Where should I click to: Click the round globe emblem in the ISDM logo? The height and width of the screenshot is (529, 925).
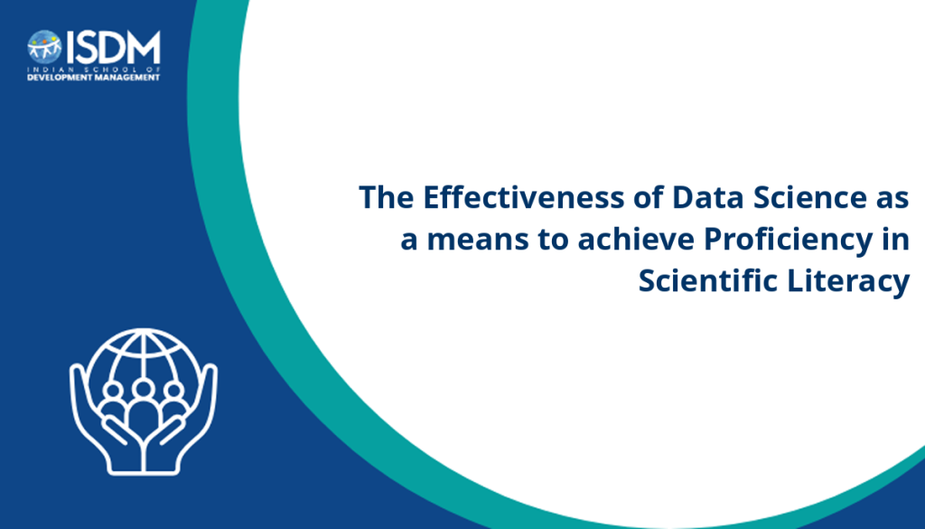(44, 47)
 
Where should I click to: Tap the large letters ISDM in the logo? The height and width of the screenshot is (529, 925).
(113, 47)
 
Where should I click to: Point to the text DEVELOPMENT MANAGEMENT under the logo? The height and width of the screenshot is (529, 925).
(94, 78)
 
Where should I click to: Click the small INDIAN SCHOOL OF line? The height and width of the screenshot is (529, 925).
(94, 70)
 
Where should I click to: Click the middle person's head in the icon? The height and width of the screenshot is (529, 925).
(144, 389)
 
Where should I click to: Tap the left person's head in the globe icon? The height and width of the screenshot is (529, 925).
(113, 391)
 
